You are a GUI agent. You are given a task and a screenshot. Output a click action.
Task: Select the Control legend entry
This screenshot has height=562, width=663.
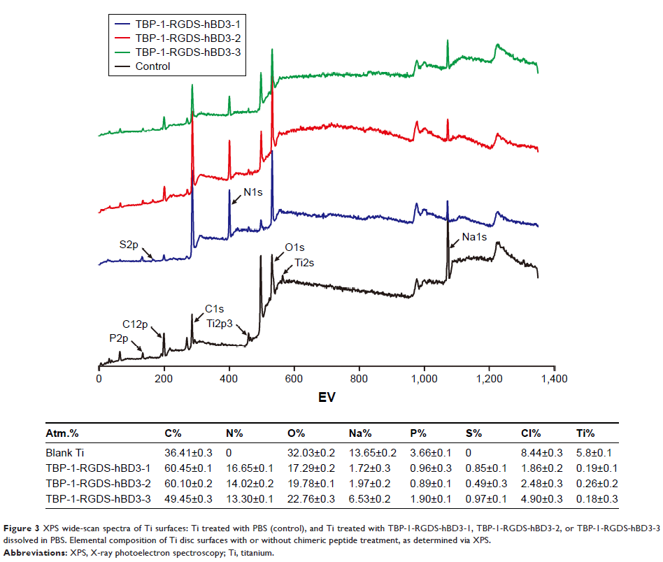152,66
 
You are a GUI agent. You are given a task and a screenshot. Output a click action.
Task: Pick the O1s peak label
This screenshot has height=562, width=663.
294,247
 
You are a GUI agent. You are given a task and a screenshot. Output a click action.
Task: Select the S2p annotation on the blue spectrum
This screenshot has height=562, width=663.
129,244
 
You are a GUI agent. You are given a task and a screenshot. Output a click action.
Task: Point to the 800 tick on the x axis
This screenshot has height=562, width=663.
359,379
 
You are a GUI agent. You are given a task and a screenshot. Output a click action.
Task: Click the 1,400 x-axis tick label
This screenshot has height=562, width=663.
554,379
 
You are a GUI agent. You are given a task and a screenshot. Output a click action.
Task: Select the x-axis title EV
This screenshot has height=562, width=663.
326,398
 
